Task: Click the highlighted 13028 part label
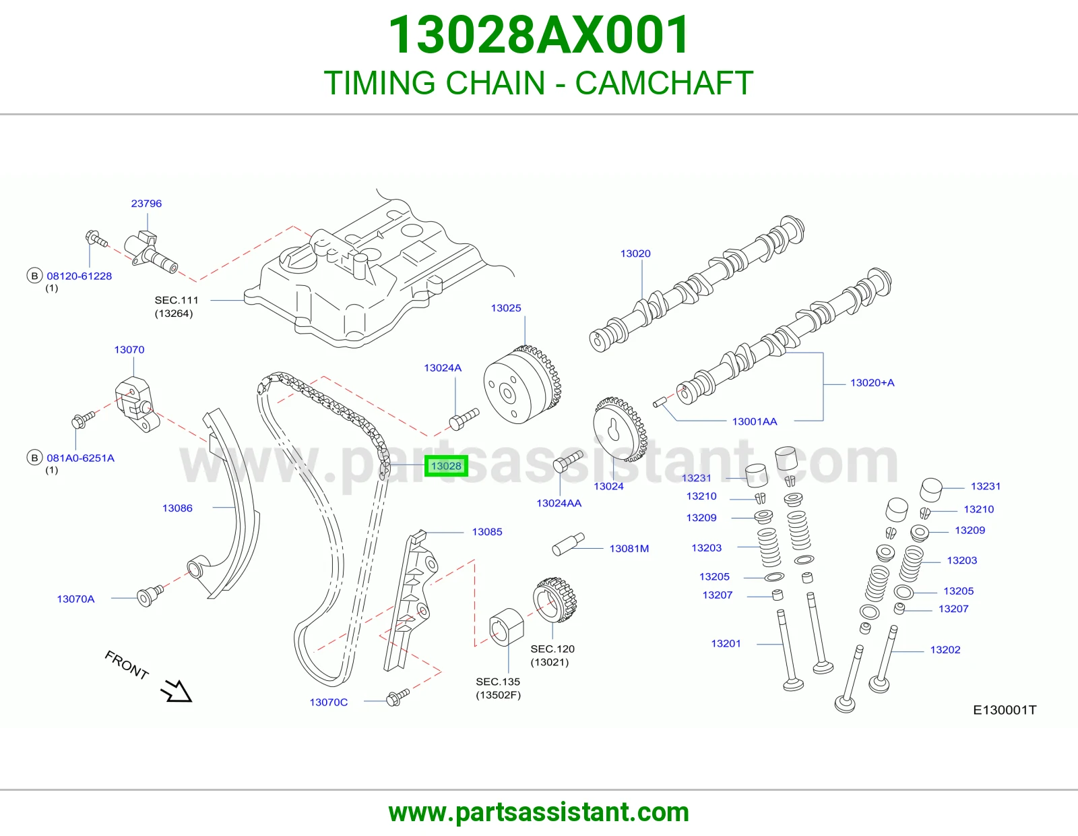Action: pos(446,466)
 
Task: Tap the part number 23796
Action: pos(146,204)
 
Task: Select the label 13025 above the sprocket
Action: pos(506,308)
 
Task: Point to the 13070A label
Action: pos(75,599)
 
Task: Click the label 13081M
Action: pos(629,549)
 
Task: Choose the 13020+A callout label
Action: pos(872,383)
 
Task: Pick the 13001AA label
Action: pos(755,421)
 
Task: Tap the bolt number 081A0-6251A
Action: pos(80,458)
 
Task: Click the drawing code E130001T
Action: pos(1005,710)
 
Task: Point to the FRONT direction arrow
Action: pos(176,691)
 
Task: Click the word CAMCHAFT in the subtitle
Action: pos(664,83)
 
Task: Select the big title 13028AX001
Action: pos(539,35)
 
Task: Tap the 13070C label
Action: pos(328,702)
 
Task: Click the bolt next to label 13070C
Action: pos(398,697)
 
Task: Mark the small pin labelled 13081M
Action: pos(569,544)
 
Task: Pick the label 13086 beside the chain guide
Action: pos(177,508)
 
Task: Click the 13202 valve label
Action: pos(945,650)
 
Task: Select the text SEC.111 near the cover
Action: pos(176,300)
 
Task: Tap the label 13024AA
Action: pos(559,503)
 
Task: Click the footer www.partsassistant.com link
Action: pos(539,812)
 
